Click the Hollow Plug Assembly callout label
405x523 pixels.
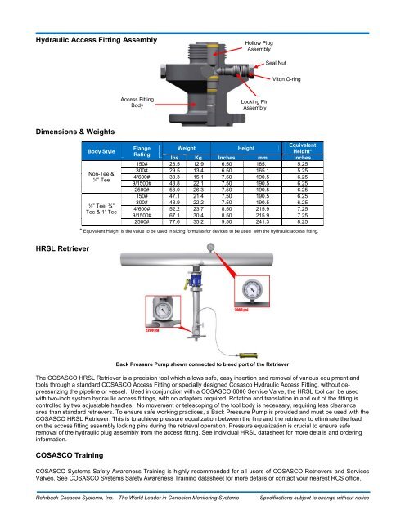[259, 46]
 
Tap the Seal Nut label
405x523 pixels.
[276, 63]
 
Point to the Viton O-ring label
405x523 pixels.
[286, 79]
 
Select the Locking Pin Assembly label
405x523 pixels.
[254, 105]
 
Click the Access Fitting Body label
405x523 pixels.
[137, 102]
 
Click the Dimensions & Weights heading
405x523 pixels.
[75, 132]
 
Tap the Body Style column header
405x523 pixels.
[101, 151]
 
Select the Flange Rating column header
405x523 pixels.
[142, 151]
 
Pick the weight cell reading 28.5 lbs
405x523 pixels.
[174, 164]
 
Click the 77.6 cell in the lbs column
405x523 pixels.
[174, 221]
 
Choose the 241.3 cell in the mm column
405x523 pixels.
[263, 221]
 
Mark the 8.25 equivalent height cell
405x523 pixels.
[303, 221]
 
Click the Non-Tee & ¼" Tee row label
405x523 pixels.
[101, 177]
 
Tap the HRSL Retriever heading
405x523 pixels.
[62, 248]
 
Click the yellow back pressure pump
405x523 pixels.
[247, 355]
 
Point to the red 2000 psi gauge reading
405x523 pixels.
[241, 311]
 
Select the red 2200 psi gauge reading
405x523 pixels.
[152, 330]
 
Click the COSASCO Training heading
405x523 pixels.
[70, 455]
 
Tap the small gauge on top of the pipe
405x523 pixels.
[210, 248]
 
